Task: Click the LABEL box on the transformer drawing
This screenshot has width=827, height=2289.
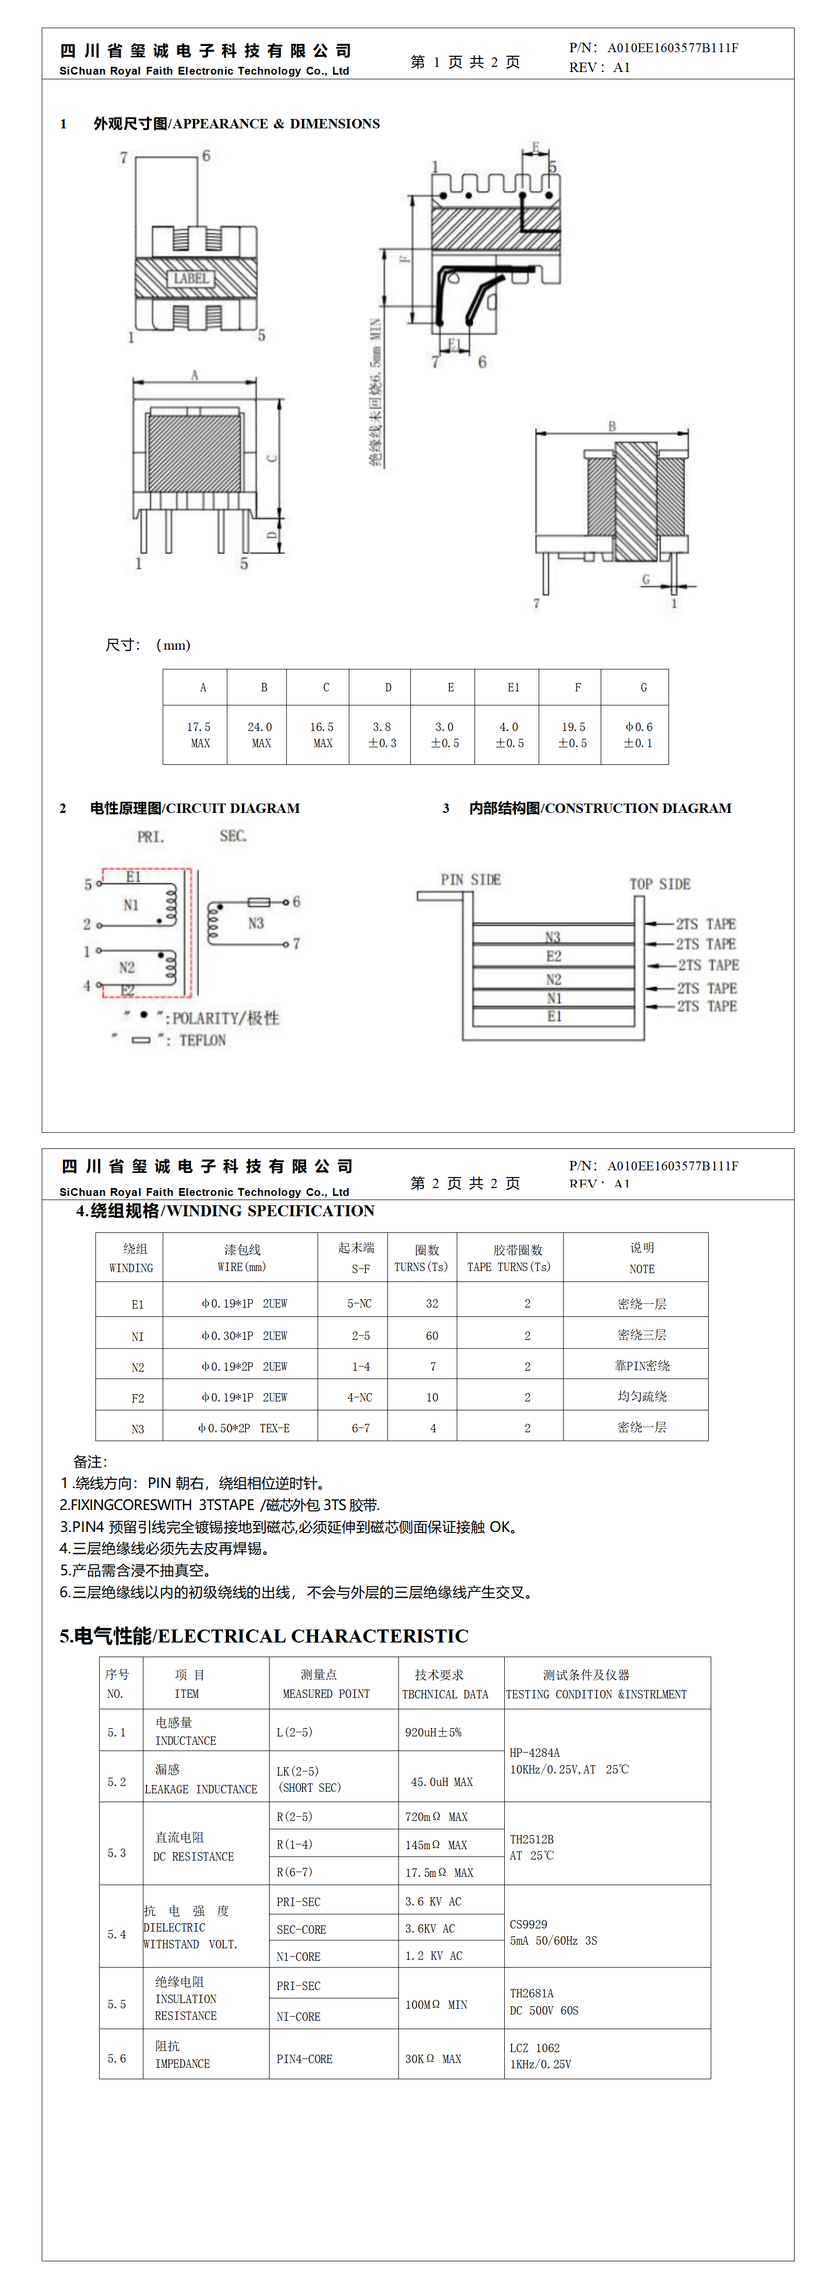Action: pyautogui.click(x=191, y=278)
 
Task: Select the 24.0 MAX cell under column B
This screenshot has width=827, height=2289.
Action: pyautogui.click(x=259, y=734)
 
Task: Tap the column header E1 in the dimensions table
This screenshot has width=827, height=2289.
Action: pyautogui.click(x=513, y=687)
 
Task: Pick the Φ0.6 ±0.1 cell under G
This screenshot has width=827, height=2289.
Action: pyautogui.click(x=638, y=734)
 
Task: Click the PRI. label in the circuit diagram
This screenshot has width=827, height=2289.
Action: pyautogui.click(x=150, y=837)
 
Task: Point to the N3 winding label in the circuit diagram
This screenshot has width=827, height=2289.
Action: pyautogui.click(x=256, y=923)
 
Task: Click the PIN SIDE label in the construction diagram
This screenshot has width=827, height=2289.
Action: pyautogui.click(x=471, y=880)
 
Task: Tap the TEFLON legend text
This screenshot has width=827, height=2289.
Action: pyautogui.click(x=202, y=1040)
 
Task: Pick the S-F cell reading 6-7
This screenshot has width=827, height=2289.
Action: pyautogui.click(x=360, y=1428)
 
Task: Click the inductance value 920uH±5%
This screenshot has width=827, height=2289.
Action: pyautogui.click(x=433, y=1732)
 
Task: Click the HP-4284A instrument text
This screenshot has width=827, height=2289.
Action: pyautogui.click(x=535, y=1752)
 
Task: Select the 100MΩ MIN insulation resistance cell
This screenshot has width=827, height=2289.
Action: pyautogui.click(x=435, y=2005)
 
